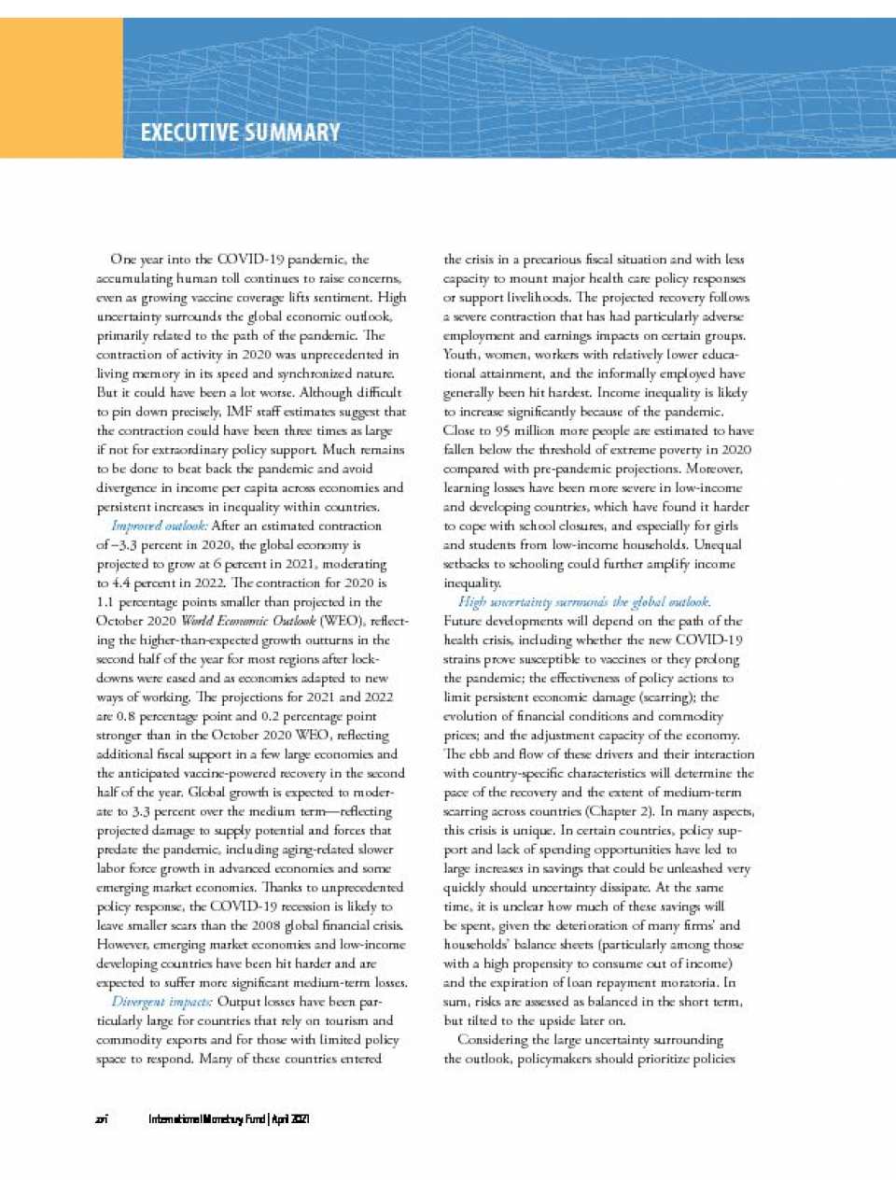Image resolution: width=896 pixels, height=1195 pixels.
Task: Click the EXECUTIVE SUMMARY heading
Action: point(240,133)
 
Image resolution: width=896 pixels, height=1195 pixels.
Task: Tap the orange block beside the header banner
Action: point(61,88)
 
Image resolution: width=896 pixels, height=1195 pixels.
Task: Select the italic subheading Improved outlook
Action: point(160,526)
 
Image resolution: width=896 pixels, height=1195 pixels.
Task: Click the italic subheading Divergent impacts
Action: point(161,1002)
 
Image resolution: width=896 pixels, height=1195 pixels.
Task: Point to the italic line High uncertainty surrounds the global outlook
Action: point(584,602)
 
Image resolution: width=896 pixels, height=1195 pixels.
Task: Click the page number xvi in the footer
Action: point(102,1118)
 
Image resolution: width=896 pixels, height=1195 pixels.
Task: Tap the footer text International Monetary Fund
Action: point(206,1118)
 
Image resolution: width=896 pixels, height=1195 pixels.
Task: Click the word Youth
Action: point(461,354)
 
